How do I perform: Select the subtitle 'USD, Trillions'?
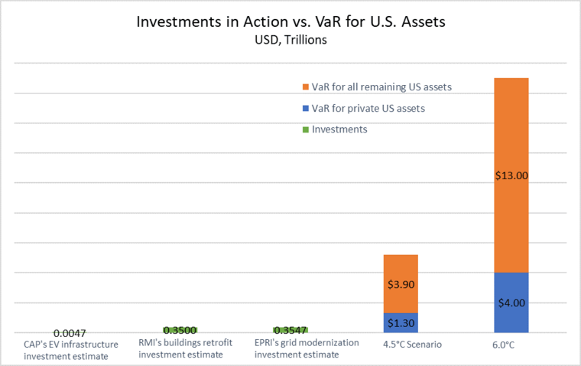[x=290, y=40]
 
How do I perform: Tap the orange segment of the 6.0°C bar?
[x=511, y=175]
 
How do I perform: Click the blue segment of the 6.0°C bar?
[x=511, y=302]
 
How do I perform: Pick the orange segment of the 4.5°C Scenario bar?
[x=401, y=284]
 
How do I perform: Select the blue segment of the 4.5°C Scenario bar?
[x=401, y=323]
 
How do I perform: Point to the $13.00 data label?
[x=511, y=175]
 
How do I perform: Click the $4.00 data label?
[x=511, y=303]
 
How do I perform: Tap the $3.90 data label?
[x=401, y=284]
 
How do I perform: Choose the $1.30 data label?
[x=401, y=323]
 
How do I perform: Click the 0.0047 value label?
[x=70, y=333]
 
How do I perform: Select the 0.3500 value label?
[x=180, y=330]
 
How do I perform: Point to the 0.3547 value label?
[x=290, y=330]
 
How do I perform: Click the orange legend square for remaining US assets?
[x=306, y=87]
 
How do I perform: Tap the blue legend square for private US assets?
[x=306, y=109]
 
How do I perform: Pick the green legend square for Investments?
[x=306, y=129]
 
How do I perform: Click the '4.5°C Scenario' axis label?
[x=412, y=345]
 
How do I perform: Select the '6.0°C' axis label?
[x=503, y=345]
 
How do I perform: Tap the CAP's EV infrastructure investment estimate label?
[x=71, y=350]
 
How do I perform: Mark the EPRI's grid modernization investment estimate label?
[x=307, y=348]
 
